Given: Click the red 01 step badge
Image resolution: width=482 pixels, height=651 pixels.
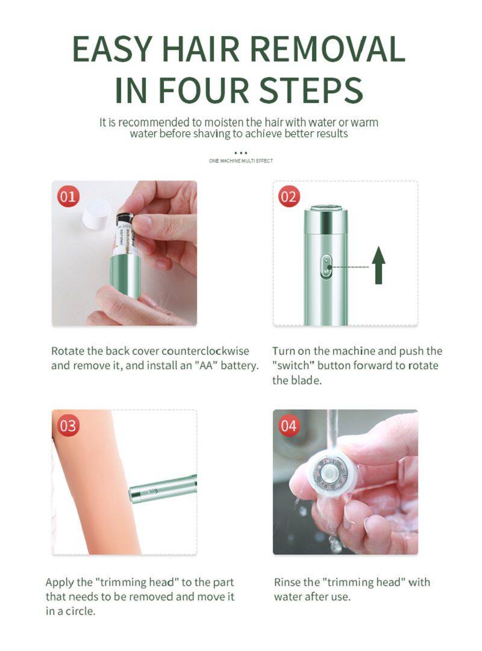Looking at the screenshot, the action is tap(68, 196).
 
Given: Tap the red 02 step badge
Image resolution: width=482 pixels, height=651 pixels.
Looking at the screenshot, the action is tap(289, 196).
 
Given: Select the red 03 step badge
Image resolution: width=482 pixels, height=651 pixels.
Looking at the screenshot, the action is tap(68, 426).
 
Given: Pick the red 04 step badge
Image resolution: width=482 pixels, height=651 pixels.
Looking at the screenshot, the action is tap(289, 426).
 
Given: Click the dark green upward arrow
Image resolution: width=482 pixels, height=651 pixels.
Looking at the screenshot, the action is tap(378, 265).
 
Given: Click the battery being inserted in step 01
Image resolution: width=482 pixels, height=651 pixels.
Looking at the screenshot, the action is tap(124, 235).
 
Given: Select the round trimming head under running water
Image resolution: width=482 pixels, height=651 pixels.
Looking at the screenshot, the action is tap(330, 475).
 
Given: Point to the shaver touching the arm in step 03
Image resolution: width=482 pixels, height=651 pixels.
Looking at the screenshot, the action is tap(163, 488).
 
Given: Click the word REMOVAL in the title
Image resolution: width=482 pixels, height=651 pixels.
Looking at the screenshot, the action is tap(328, 49).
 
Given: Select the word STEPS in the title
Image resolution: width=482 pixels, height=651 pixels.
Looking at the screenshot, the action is tap(311, 90).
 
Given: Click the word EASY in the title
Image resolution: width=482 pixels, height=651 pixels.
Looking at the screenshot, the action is tap(111, 49).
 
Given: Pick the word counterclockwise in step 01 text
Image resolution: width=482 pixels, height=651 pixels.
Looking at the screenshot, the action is tap(205, 351).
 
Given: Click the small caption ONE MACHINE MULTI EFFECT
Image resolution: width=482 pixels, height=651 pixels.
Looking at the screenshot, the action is tap(241, 161).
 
